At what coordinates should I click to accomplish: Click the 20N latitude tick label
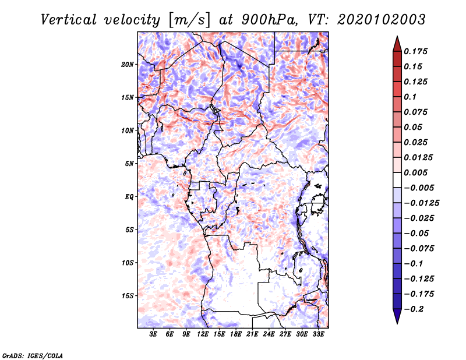[x=127, y=65]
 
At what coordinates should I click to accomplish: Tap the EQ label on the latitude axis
[x=129, y=197]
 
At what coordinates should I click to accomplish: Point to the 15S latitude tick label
[x=127, y=296]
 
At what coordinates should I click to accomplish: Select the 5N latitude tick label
[x=129, y=164]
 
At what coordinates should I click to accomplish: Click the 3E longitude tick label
[x=153, y=334]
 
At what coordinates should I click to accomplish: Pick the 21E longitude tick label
[x=252, y=334]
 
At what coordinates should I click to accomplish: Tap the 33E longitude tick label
[x=318, y=334]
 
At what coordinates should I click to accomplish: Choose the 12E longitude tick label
[x=203, y=334]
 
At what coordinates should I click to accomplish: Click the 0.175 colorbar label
[x=415, y=51]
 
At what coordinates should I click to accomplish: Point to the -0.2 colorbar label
[x=414, y=309]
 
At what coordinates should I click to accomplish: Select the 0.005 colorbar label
[x=415, y=172]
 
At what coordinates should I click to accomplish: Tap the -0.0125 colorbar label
[x=421, y=203]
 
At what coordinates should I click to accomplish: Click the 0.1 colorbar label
[x=410, y=97]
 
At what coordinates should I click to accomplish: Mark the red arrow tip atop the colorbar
[x=397, y=36]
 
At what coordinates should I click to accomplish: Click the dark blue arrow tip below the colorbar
[x=397, y=323]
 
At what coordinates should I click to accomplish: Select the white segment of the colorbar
[x=397, y=180]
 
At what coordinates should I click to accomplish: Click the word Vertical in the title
[x=69, y=20]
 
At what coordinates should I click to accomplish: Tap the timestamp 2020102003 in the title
[x=382, y=20]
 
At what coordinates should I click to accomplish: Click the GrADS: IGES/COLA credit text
[x=33, y=355]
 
